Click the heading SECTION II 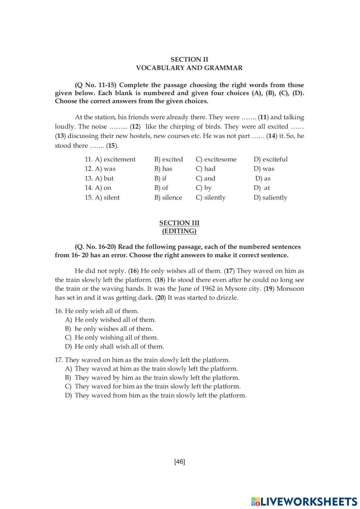click(x=189, y=59)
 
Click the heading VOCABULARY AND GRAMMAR click(x=189, y=68)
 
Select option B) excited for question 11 click(x=168, y=159)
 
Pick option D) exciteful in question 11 click(x=270, y=159)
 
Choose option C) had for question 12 click(x=205, y=169)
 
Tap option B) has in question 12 click(x=163, y=169)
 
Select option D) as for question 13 click(x=263, y=178)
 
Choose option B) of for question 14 click(x=161, y=188)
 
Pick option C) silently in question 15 click(x=210, y=197)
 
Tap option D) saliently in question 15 click(x=270, y=197)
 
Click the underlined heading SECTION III click(x=179, y=223)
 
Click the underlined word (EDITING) click(x=179, y=231)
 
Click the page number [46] click(x=179, y=461)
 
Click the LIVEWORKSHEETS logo click(x=304, y=501)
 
